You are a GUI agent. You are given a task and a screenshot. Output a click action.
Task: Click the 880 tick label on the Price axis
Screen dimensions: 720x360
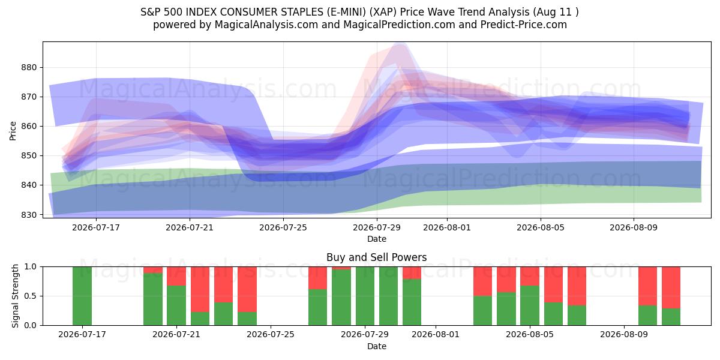tap(29, 67)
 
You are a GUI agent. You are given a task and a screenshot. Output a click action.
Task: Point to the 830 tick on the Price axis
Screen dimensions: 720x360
tap(29, 215)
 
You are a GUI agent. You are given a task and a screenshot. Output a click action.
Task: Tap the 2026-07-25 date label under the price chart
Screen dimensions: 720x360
tap(283, 227)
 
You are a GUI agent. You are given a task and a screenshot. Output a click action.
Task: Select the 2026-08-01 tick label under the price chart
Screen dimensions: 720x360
tap(447, 227)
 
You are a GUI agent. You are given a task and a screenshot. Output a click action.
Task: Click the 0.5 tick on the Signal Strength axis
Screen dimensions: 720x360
tap(31, 296)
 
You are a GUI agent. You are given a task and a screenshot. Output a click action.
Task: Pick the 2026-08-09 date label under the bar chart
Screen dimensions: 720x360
tap(624, 334)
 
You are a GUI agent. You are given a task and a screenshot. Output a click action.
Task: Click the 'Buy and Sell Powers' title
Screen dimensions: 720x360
tap(377, 257)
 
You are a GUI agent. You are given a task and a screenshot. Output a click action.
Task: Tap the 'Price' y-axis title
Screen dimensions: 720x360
tap(13, 131)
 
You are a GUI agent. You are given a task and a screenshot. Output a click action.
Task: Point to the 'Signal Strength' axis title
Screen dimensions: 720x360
tap(15, 296)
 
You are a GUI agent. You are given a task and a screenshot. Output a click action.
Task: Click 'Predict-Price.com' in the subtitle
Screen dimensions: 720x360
tap(524, 25)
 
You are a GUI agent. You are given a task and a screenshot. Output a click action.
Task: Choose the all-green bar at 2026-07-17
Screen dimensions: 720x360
tap(82, 296)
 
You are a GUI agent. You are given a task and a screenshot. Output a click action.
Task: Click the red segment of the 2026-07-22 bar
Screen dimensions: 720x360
tap(200, 289)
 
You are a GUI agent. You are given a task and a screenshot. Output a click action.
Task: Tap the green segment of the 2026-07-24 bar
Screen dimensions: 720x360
tap(247, 319)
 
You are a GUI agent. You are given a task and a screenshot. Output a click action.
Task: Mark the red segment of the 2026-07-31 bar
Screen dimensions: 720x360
tap(412, 273)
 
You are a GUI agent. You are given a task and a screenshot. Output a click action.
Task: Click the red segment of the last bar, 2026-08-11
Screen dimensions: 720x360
tap(671, 287)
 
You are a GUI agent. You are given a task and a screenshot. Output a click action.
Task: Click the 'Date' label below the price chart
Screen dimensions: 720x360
tap(377, 239)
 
